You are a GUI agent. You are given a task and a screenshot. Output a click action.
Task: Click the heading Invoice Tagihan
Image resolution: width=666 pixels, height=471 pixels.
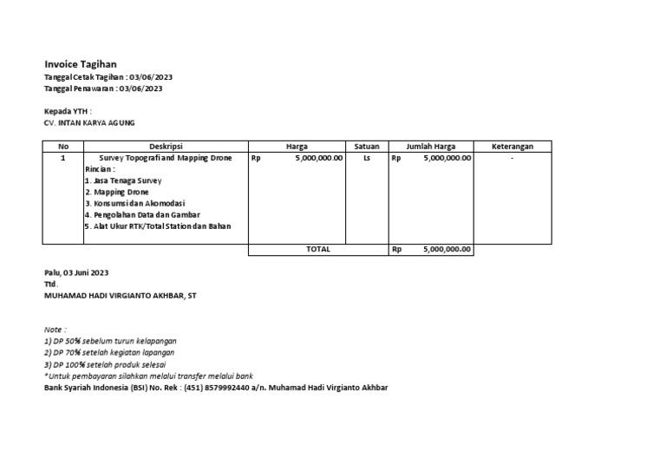point(81,64)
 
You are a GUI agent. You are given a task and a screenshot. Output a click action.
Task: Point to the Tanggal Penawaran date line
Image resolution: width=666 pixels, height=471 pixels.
point(103,88)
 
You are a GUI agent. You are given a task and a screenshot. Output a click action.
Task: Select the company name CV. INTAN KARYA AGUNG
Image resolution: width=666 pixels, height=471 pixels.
point(89,123)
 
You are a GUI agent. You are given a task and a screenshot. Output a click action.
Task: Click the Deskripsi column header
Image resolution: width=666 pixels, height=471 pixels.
point(166,147)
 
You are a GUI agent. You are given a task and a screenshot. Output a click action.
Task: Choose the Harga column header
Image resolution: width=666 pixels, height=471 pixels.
point(297,147)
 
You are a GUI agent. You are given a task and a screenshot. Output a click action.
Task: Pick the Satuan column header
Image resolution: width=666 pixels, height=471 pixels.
point(367,147)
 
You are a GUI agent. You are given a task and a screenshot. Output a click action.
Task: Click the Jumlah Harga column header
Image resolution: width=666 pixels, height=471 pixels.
point(431,147)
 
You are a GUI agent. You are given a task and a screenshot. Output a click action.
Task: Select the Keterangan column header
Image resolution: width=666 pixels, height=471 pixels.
point(512,147)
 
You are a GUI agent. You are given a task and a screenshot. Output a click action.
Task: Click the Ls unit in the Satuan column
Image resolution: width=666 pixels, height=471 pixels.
point(367,159)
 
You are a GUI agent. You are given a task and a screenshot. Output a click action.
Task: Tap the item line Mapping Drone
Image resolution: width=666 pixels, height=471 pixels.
point(116,192)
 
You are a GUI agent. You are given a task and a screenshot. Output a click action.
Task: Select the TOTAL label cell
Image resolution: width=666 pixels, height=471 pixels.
point(318,250)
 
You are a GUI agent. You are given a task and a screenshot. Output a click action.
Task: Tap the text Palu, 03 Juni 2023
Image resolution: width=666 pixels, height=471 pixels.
point(76,272)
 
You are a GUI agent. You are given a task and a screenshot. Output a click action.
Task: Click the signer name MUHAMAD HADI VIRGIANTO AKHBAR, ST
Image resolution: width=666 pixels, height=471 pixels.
point(121,296)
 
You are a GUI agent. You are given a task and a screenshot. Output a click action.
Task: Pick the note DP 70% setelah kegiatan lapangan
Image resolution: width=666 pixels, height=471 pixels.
point(109,353)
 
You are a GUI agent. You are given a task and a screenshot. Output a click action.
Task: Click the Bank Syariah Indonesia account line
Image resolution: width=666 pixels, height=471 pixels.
point(216,388)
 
